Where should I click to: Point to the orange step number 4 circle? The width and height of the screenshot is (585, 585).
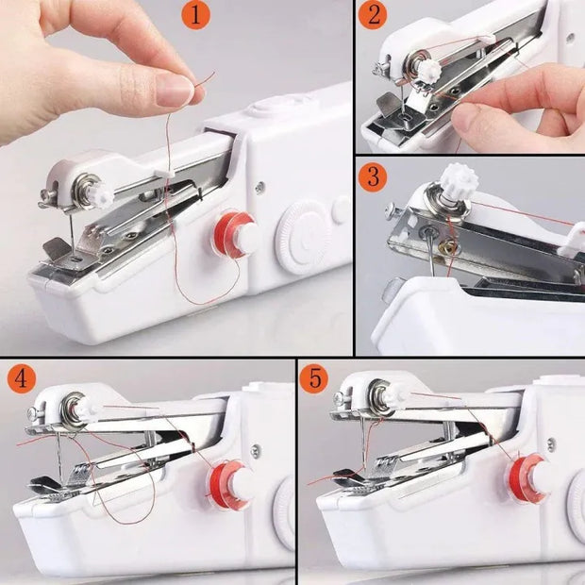tap(22, 379)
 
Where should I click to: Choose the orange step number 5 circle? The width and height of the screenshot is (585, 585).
tap(315, 379)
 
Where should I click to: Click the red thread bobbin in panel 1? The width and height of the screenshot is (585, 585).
tap(232, 234)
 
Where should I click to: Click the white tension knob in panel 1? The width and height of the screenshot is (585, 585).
tap(98, 195)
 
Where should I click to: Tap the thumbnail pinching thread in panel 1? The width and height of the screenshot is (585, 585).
tap(174, 91)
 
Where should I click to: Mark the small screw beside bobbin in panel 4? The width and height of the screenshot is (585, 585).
tap(254, 451)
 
